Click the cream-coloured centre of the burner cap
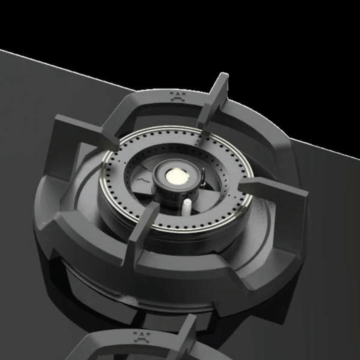(177, 175)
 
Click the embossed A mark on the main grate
(178, 96)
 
